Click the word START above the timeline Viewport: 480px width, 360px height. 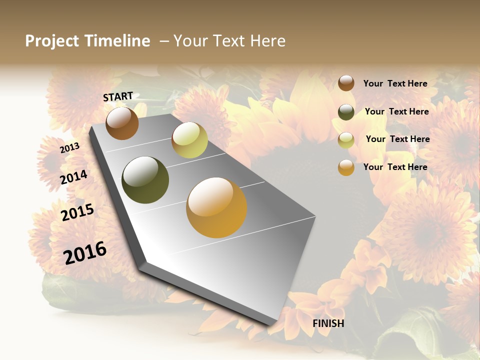point(118,96)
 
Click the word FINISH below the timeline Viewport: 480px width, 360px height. point(328,323)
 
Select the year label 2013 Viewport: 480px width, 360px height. point(70,148)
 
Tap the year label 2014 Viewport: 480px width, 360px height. point(74,177)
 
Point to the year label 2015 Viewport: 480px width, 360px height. point(77,212)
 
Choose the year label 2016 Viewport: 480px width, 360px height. point(85,253)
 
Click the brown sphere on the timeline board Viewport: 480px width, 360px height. point(122,123)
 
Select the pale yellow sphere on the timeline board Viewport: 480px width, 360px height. point(189,140)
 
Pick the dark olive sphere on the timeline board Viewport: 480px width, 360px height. point(145,180)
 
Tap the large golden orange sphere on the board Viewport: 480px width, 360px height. point(216,207)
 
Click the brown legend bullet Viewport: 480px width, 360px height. point(346,83)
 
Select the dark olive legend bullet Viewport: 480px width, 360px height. point(346,112)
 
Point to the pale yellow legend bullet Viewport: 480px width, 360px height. point(346,140)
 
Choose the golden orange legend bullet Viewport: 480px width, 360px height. point(346,167)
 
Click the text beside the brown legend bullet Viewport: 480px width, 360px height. point(395,83)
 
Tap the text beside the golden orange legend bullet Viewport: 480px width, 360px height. point(395,167)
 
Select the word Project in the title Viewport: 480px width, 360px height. point(52,41)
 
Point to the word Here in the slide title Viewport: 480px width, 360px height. point(267,41)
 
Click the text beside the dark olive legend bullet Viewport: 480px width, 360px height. point(396,111)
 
